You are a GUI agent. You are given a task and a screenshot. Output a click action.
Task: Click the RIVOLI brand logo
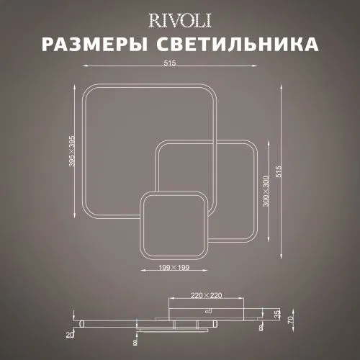click(180, 21)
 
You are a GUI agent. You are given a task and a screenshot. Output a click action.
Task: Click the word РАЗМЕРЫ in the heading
click(95, 45)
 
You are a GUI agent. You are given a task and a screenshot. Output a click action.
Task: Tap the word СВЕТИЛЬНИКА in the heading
click(238, 45)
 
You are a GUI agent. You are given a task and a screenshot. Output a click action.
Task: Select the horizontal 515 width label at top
click(170, 63)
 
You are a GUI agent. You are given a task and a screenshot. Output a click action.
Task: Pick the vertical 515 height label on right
click(279, 171)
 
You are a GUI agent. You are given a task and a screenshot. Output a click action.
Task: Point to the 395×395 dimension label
click(72, 151)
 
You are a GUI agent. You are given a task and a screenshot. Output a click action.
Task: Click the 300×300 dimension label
click(266, 192)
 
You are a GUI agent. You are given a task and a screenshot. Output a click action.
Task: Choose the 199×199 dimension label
click(174, 267)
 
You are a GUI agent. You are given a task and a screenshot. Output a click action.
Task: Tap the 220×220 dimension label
click(206, 295)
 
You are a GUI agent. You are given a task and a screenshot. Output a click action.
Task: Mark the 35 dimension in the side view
click(277, 314)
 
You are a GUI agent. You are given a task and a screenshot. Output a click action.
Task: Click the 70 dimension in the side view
click(290, 320)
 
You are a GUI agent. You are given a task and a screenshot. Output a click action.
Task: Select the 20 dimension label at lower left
click(70, 335)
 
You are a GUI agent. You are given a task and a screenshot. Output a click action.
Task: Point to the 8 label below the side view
click(135, 342)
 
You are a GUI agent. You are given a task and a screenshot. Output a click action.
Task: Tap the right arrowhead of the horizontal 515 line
click(255, 66)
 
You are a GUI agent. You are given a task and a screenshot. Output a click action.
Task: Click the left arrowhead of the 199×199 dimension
click(143, 271)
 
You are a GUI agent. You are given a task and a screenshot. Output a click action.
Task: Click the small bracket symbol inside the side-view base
click(208, 311)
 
